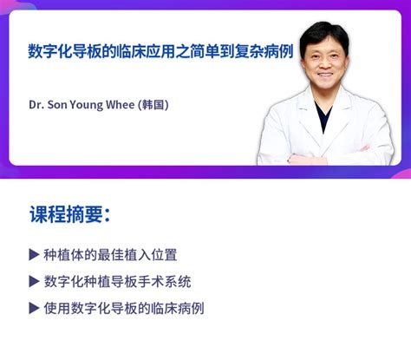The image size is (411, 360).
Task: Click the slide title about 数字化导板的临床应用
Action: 158,49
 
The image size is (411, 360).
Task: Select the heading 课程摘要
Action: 68,215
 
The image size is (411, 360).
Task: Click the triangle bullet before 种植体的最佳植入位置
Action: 35,255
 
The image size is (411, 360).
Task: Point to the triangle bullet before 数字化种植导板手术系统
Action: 35,282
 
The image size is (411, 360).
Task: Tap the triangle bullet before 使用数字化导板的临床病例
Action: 35,308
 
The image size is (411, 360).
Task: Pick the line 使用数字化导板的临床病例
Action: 123,308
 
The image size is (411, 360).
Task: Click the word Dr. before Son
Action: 36,105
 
